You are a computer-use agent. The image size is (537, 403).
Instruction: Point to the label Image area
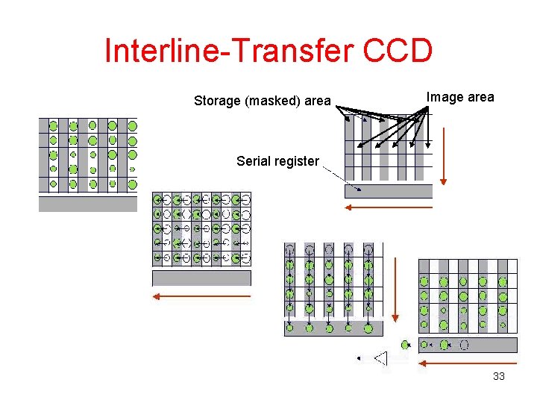pos(459,97)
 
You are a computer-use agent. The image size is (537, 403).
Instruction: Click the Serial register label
pos(277,160)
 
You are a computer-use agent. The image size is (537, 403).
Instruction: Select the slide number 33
pos(499,376)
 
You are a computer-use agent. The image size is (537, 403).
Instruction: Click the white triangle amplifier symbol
pos(381,359)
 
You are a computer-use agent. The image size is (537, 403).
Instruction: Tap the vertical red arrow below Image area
pos(444,156)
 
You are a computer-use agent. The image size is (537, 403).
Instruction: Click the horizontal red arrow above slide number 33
pos(468,364)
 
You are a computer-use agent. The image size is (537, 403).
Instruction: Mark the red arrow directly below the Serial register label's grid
pos(389,207)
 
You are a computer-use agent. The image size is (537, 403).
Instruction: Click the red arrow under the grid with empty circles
pos(201,296)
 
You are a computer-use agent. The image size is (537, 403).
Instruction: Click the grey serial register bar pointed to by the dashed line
pos(389,190)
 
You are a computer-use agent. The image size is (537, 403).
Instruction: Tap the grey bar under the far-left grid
pos(88,204)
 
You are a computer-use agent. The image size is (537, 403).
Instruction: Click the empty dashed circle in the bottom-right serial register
pos(464,345)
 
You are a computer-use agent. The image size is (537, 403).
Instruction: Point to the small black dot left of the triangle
pos(359,359)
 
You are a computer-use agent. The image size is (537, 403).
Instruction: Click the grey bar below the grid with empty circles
pos(201,278)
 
